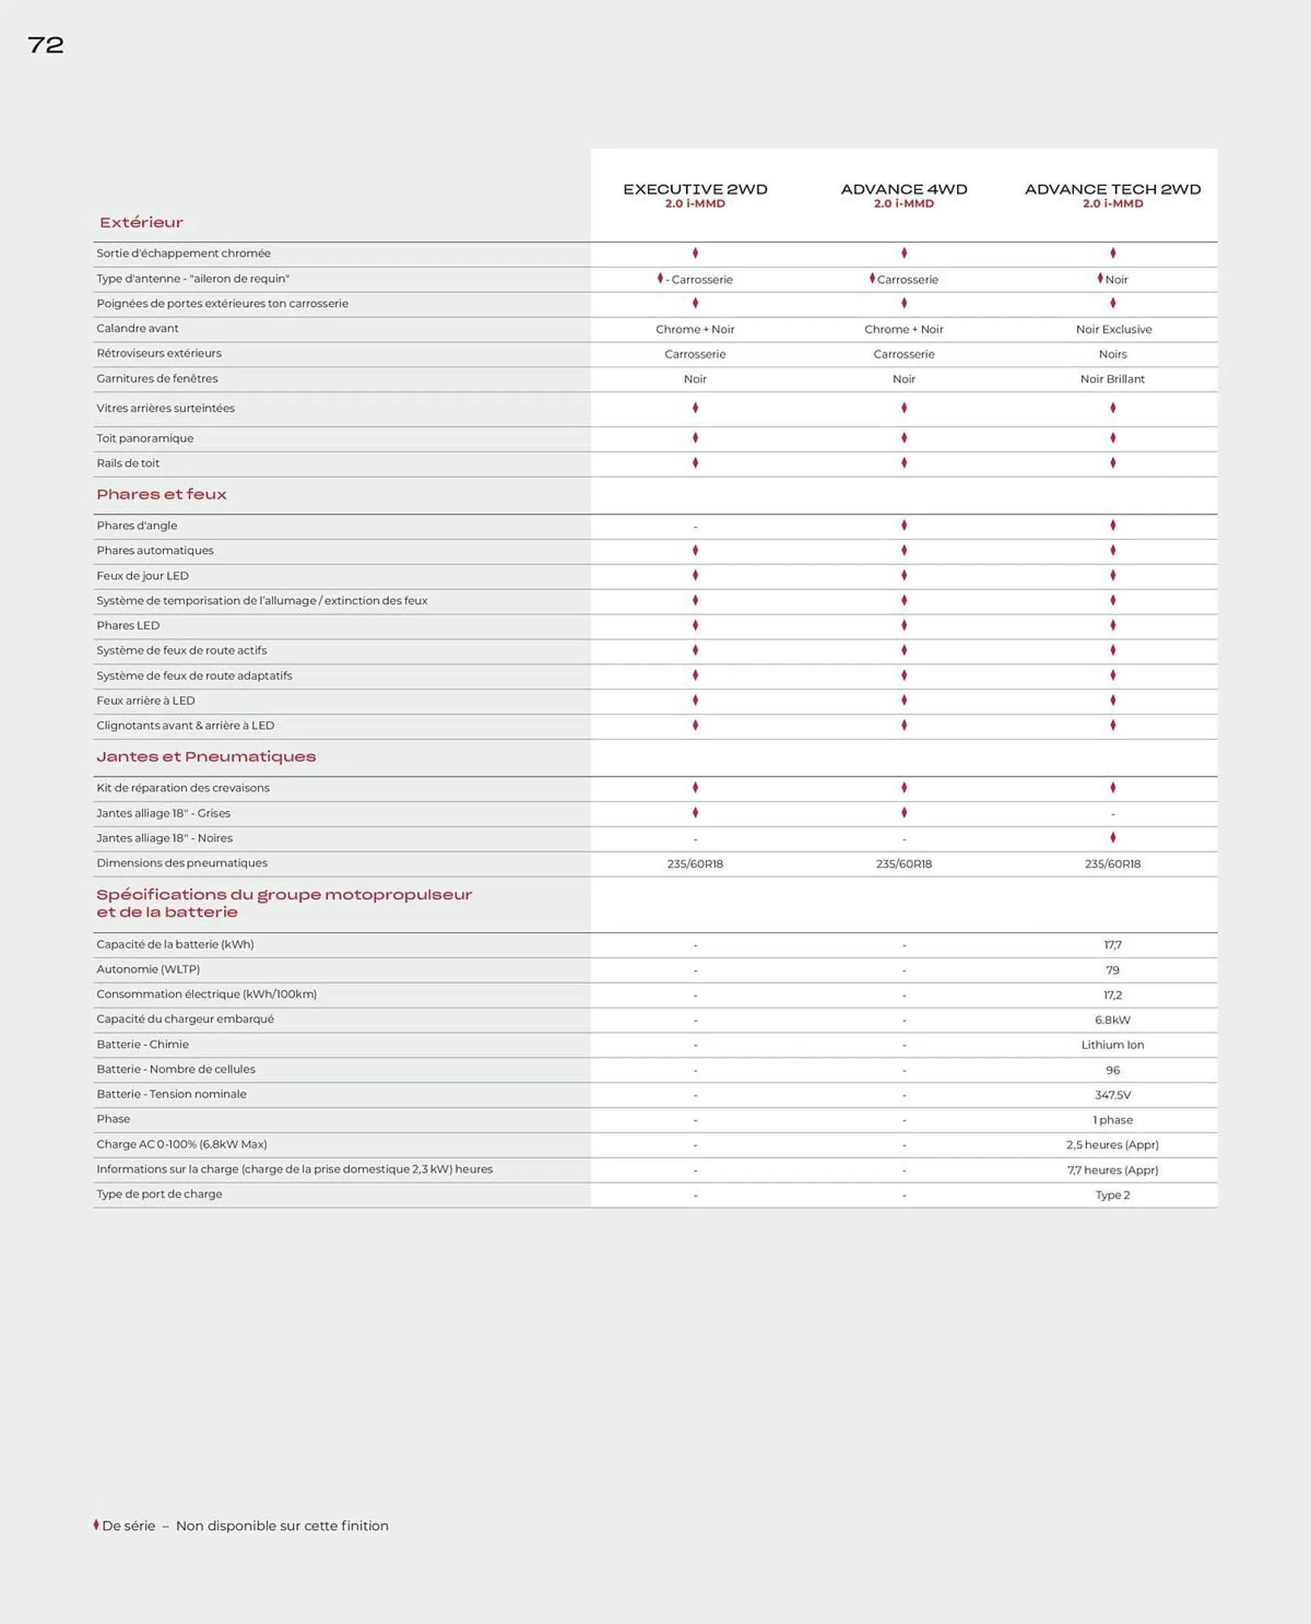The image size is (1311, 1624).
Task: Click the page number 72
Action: click(45, 45)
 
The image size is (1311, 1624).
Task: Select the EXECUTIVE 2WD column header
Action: click(695, 189)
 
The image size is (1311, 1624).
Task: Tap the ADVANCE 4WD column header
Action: click(903, 189)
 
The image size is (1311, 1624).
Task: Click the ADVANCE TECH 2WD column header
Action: click(1112, 189)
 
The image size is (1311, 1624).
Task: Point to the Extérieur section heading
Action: click(141, 222)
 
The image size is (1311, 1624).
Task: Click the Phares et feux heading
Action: click(162, 495)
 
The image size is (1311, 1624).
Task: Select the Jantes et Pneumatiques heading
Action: click(206, 757)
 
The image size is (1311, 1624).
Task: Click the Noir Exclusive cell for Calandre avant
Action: click(1113, 329)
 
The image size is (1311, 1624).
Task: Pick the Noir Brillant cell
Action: click(1112, 379)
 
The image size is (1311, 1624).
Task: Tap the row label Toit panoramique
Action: click(144, 438)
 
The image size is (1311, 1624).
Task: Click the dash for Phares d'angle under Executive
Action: click(695, 527)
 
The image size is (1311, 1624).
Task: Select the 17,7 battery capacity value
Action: click(1112, 945)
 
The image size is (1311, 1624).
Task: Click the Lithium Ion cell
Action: click(1112, 1045)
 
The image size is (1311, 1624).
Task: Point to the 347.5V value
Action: click(1112, 1095)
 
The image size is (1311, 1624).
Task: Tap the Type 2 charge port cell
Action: click(1112, 1195)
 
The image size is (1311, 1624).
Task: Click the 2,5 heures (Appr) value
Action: click(1112, 1145)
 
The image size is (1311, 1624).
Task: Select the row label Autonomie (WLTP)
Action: click(148, 970)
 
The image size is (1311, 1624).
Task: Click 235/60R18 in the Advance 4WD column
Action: click(903, 864)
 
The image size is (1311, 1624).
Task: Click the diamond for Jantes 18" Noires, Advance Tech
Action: click(1112, 837)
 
